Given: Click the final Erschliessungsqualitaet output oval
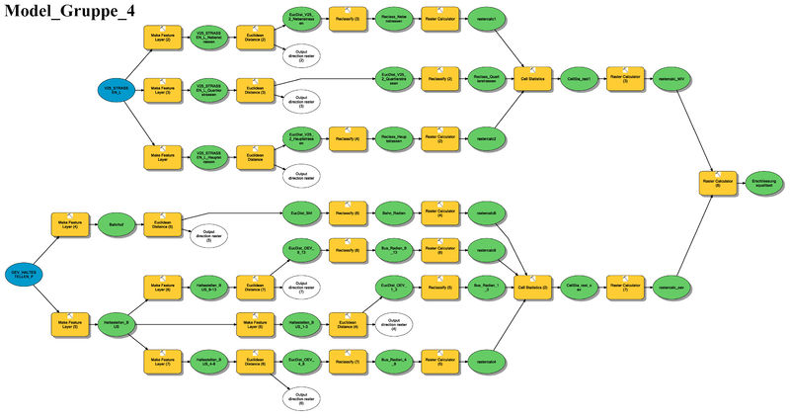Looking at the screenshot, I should coord(766,183).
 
